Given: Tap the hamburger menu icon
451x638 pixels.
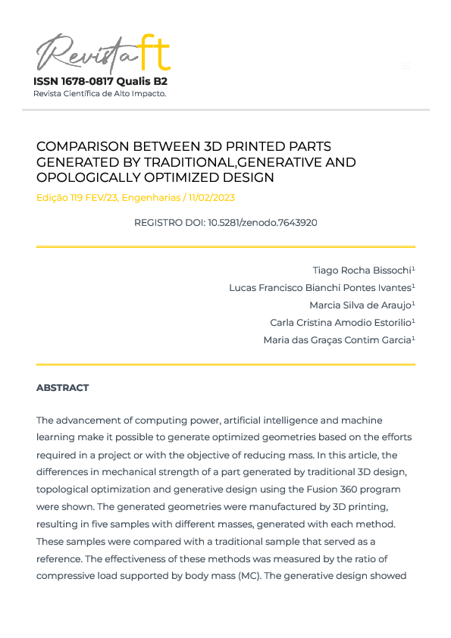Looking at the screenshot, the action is [x=406, y=66].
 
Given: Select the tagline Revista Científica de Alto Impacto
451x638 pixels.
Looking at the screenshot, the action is [x=99, y=93].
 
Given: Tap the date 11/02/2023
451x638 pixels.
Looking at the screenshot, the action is [x=211, y=198].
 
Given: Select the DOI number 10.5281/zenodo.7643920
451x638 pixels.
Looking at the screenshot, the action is [x=262, y=223].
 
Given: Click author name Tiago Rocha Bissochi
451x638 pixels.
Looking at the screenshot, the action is [x=362, y=271].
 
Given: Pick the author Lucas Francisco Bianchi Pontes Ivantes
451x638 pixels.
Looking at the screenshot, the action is [x=320, y=288].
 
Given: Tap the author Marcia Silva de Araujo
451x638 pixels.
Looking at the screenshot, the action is [x=360, y=305].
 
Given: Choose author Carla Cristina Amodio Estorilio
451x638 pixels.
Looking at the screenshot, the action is [x=340, y=323].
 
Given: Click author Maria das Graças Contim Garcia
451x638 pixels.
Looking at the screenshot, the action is [x=337, y=340].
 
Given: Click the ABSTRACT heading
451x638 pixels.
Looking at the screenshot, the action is [x=62, y=388].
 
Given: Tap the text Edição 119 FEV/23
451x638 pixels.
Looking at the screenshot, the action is [x=76, y=198].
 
